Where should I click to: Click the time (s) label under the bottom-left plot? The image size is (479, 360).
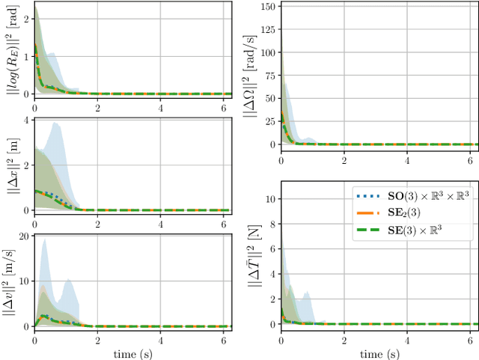click(133, 352)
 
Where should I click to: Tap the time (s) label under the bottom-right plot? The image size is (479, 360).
click(379, 352)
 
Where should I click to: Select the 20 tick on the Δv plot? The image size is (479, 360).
click(24, 236)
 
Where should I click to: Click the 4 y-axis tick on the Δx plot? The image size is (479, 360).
click(26, 120)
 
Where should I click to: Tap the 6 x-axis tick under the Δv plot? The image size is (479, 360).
click(224, 339)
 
